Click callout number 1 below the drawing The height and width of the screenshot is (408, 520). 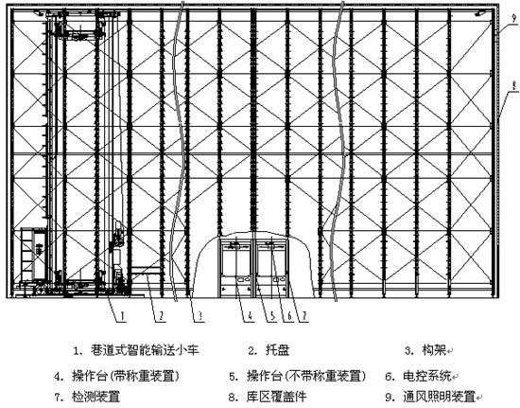click(x=123, y=316)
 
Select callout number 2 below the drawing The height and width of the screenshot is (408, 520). click(x=162, y=316)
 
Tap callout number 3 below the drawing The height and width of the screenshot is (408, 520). click(x=200, y=316)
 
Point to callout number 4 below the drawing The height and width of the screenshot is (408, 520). click(x=250, y=316)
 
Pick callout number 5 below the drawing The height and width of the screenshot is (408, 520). click(x=273, y=316)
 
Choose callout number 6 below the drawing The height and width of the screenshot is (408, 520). click(x=289, y=316)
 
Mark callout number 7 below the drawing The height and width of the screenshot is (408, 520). click(x=303, y=316)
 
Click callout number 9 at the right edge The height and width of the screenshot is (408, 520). click(x=514, y=18)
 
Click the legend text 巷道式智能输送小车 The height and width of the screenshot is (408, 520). click(x=145, y=350)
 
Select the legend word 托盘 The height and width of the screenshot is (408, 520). click(x=278, y=350)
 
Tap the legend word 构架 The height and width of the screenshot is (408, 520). click(x=434, y=350)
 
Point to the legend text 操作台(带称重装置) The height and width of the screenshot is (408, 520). click(x=126, y=377)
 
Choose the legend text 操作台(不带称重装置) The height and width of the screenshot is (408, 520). click(x=306, y=377)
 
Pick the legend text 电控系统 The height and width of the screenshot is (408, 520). click(x=427, y=377)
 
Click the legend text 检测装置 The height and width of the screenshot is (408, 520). click(x=95, y=397)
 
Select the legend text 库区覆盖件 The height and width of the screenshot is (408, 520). click(x=277, y=397)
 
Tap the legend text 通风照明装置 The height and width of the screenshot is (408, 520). click(x=439, y=397)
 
